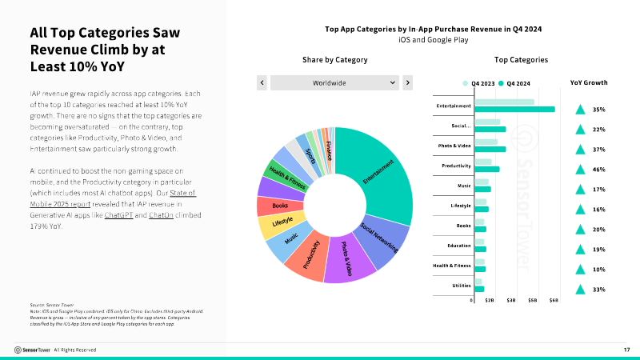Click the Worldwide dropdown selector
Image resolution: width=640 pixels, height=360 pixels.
[334, 82]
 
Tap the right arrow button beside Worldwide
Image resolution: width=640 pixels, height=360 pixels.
[407, 82]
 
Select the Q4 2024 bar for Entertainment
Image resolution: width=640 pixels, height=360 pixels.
[514, 109]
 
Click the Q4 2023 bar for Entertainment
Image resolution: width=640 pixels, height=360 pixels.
[504, 102]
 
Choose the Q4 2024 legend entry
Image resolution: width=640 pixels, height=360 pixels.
[514, 82]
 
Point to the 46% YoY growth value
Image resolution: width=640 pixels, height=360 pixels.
[598, 169]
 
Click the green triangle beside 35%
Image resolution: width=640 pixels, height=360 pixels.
[580, 109]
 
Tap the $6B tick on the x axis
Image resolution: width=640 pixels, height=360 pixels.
[554, 299]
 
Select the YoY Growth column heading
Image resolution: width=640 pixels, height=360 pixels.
[588, 82]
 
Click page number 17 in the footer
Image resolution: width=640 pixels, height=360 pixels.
[626, 350]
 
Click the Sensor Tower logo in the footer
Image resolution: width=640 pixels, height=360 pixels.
[32, 350]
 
